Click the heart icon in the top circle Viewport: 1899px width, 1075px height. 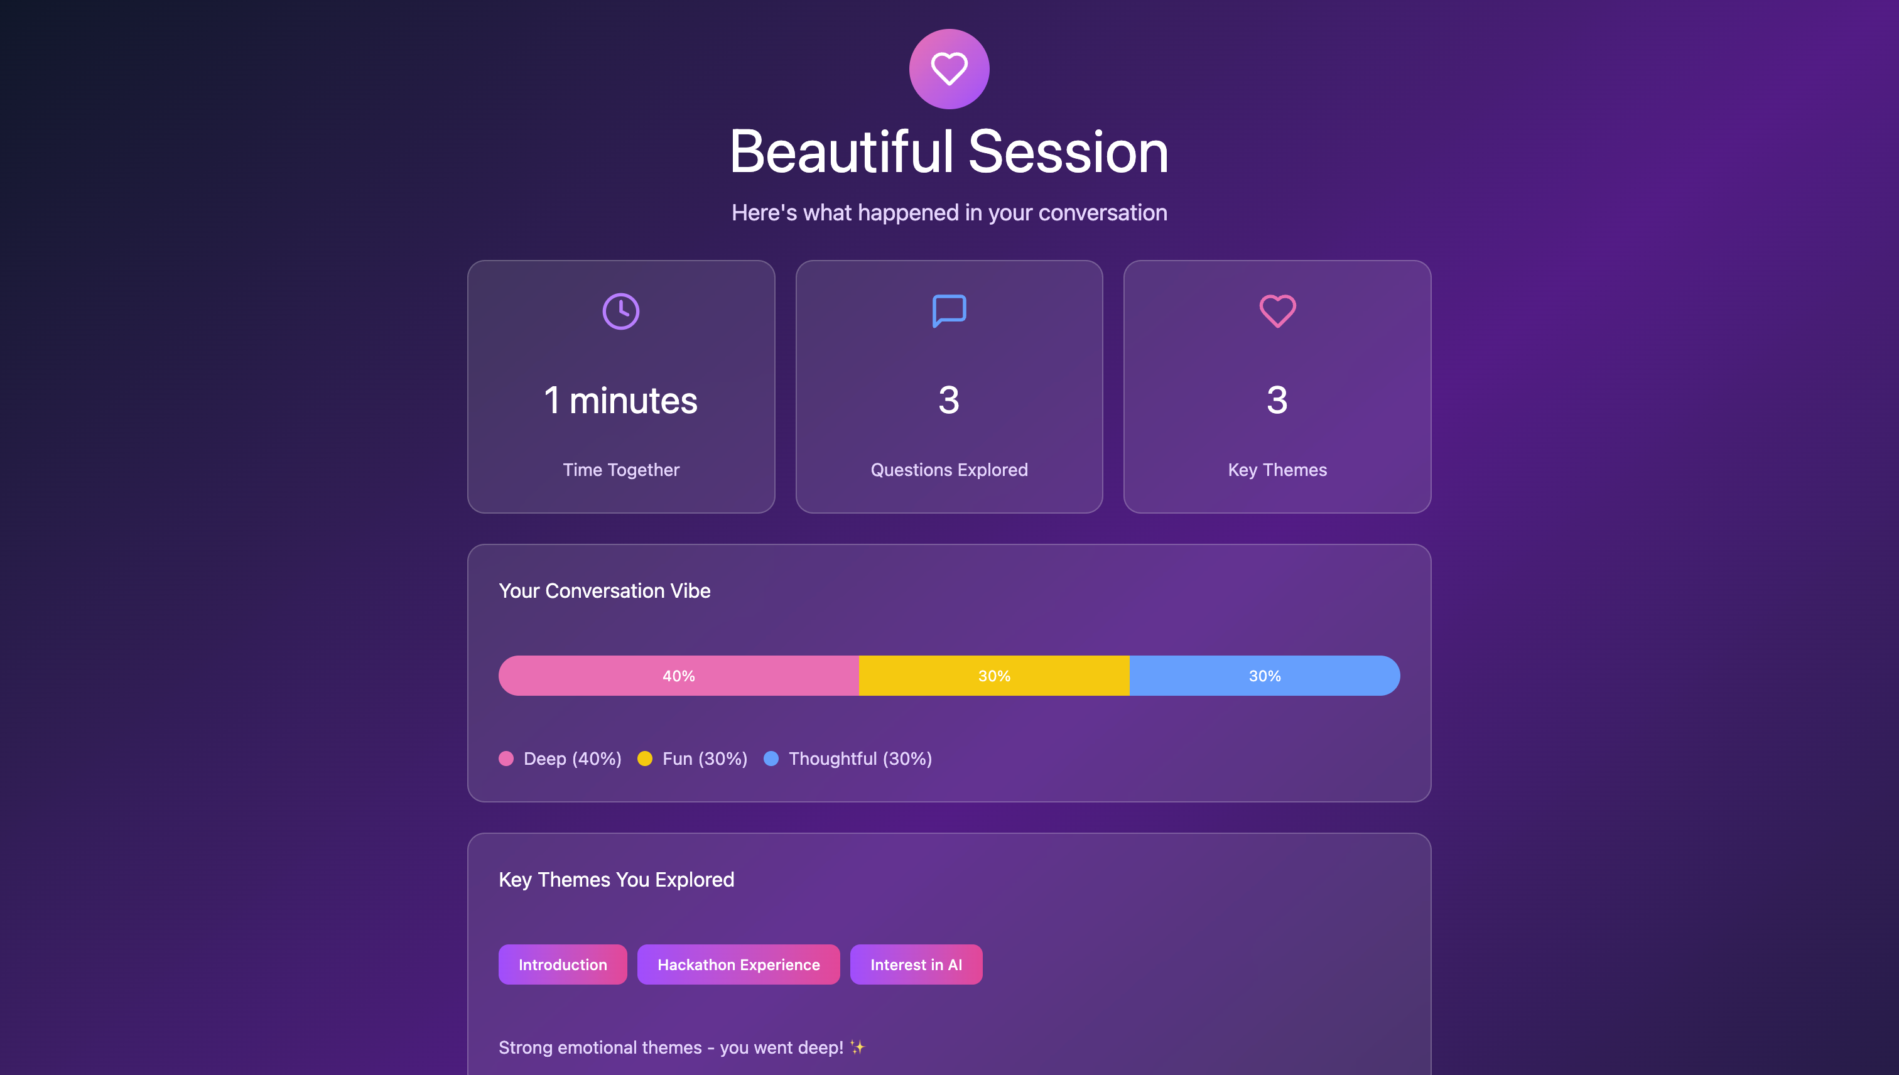tap(949, 68)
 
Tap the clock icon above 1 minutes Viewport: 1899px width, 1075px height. tap(621, 311)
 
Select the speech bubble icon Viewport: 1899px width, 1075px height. tap(949, 311)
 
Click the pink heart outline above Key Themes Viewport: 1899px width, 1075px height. tap(1277, 311)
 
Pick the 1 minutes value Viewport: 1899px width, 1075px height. tap(621, 400)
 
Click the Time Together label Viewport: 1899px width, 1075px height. tap(621, 470)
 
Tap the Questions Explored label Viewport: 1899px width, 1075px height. tap(949, 470)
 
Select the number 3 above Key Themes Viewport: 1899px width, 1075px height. tap(1277, 400)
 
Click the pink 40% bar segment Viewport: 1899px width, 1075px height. tap(679, 676)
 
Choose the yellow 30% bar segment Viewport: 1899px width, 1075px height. tap(994, 676)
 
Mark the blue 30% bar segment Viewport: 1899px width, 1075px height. tap(1265, 676)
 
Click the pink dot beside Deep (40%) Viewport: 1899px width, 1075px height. tap(506, 759)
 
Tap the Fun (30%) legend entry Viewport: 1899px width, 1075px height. tap(693, 759)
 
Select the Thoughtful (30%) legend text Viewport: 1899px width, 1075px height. tap(860, 759)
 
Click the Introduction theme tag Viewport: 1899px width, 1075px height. tap(563, 964)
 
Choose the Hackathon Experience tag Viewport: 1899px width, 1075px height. tap(738, 964)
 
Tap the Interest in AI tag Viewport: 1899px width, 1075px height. tap(916, 964)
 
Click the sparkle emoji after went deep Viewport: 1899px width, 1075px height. tap(857, 1047)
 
